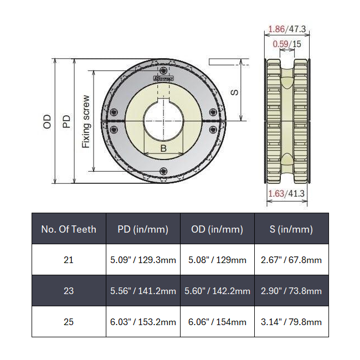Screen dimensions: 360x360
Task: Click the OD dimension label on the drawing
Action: click(x=47, y=121)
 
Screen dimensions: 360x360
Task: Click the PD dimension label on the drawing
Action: click(x=66, y=121)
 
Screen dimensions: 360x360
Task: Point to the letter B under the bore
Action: click(x=163, y=148)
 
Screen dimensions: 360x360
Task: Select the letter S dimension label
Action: click(x=235, y=91)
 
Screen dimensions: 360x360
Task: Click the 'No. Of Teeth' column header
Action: click(x=69, y=229)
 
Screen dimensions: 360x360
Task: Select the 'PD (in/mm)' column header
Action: click(x=143, y=229)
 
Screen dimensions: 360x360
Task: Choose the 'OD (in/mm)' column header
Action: click(x=217, y=229)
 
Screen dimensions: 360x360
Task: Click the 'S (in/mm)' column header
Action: click(x=291, y=229)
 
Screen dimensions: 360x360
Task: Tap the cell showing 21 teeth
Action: click(x=69, y=260)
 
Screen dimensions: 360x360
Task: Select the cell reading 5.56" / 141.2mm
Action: click(x=143, y=291)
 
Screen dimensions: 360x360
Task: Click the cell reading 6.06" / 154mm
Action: click(x=217, y=322)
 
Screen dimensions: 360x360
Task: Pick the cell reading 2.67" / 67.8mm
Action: click(x=291, y=260)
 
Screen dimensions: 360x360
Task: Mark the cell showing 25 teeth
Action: click(x=69, y=322)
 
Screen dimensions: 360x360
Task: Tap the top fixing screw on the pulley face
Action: click(x=164, y=69)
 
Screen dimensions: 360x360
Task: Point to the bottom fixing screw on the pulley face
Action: click(x=163, y=171)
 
